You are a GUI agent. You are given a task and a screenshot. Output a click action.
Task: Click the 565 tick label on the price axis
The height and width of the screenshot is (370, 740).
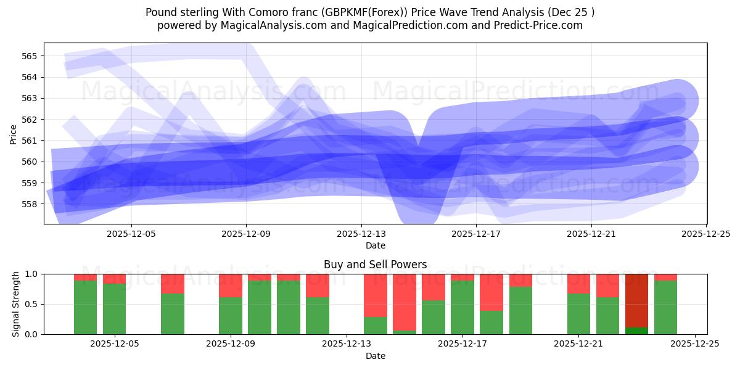click(30, 56)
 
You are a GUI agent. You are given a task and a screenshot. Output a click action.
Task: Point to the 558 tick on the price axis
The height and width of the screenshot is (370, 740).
click(30, 204)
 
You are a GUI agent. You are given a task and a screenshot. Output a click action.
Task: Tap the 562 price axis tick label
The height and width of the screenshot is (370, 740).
click(30, 120)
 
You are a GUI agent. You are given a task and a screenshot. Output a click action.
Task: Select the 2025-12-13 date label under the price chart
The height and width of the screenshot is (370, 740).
click(361, 234)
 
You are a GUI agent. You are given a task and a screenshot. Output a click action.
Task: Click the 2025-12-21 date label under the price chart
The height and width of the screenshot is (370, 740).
click(591, 234)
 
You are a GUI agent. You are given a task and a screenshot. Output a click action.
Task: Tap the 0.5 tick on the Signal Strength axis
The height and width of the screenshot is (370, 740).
click(31, 305)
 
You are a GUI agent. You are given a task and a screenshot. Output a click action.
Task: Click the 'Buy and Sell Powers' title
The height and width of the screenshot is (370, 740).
click(375, 265)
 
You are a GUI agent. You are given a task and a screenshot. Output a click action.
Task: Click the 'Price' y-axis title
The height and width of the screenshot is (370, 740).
click(14, 134)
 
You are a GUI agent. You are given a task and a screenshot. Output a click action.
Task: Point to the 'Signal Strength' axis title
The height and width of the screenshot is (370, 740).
click(16, 304)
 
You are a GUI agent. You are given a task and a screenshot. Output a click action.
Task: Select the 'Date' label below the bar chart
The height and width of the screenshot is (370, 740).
click(375, 356)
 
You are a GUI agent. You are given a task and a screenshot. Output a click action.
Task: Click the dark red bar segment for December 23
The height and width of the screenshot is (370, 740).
click(636, 300)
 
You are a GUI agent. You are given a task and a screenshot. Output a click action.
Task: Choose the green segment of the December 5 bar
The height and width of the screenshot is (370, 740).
click(114, 308)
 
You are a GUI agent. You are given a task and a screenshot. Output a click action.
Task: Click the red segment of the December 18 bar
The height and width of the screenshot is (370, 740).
click(491, 292)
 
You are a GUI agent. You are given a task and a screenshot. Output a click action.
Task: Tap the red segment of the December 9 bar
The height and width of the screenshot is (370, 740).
click(231, 286)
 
